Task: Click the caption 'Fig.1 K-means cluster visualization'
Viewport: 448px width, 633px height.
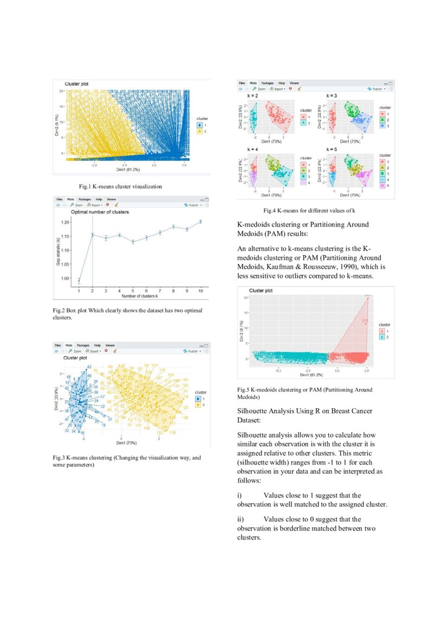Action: (120, 186)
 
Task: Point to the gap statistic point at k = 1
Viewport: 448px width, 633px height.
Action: (79, 280)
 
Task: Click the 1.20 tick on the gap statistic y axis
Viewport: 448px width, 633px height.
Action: (66, 223)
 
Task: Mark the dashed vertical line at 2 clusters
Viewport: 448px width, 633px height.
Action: (93, 254)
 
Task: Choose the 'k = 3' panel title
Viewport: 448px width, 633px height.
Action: (332, 95)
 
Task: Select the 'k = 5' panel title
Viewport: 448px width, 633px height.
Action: (332, 148)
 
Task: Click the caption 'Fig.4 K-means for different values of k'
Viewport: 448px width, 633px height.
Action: (309, 210)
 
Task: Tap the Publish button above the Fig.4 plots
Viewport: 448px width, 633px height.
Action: (377, 88)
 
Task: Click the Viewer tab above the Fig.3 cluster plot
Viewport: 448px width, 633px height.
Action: (110, 345)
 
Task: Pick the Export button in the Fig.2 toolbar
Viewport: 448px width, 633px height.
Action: (95, 205)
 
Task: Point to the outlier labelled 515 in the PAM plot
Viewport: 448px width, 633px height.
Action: (365, 321)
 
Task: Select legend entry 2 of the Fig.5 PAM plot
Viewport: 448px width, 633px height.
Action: (382, 337)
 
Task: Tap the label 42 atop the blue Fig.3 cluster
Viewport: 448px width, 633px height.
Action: (89, 367)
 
